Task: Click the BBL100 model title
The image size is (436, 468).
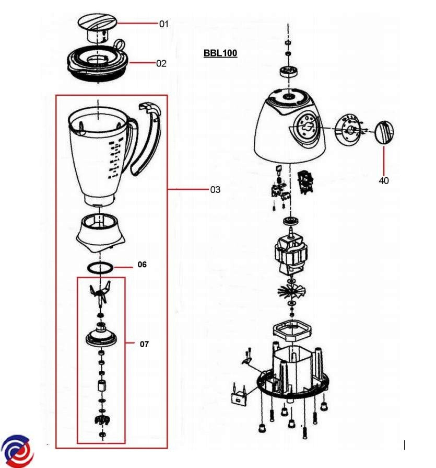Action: tap(220, 53)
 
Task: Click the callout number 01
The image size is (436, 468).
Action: tap(164, 24)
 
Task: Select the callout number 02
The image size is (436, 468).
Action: tap(161, 63)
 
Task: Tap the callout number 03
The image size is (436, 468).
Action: tap(215, 189)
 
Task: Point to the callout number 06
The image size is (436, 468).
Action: tap(142, 265)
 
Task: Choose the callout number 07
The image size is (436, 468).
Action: tap(144, 344)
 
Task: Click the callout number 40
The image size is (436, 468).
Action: tap(384, 180)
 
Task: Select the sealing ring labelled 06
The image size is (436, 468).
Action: tap(100, 268)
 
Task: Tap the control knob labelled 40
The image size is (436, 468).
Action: tap(384, 132)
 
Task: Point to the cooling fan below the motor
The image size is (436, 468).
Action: tap(291, 291)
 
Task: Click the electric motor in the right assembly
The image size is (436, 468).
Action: tap(290, 253)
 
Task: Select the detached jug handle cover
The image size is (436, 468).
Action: tap(146, 139)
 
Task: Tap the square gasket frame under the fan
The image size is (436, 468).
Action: tap(292, 330)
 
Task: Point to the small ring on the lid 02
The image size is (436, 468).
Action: tap(120, 44)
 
